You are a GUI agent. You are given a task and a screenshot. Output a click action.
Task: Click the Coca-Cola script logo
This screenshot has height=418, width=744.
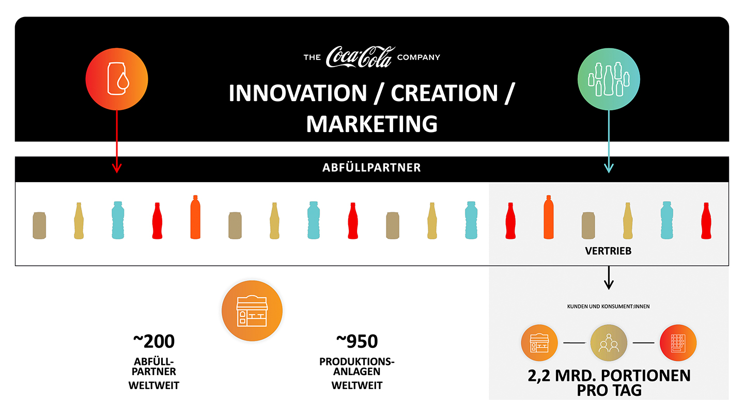point(361,57)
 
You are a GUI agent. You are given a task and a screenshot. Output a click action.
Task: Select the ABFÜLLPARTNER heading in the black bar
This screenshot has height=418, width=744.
point(373,168)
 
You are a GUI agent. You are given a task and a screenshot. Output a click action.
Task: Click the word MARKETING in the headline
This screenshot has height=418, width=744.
point(372,124)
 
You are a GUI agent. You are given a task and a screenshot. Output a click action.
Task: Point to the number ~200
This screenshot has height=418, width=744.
point(154,342)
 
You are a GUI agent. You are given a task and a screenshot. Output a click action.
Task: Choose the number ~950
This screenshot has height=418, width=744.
point(357,342)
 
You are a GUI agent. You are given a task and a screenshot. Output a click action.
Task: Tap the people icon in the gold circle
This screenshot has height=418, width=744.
point(609,343)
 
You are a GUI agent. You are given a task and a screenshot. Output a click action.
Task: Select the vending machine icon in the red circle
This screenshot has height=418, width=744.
point(678,343)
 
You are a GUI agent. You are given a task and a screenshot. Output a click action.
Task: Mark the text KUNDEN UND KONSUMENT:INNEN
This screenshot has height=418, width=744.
point(609,307)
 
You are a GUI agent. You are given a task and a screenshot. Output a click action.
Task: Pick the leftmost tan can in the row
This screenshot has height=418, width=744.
point(40,226)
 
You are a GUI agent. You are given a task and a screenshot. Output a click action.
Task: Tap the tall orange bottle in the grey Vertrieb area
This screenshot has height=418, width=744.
point(548,217)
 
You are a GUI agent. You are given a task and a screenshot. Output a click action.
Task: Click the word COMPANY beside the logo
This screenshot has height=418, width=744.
point(419,57)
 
